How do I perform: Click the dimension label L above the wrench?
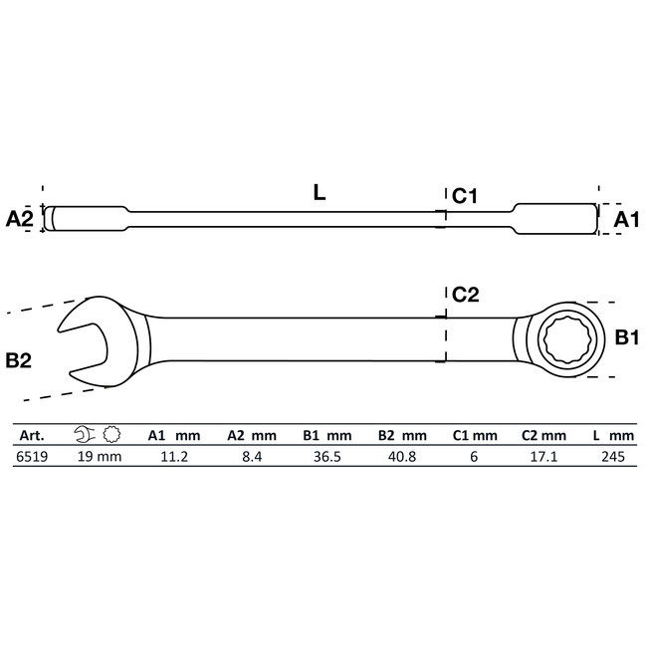click(319, 194)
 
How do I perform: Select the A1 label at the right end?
click(625, 218)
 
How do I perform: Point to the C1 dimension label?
click(466, 197)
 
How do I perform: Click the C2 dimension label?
click(466, 294)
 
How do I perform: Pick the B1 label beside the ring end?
click(625, 338)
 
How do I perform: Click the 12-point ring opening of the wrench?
click(562, 340)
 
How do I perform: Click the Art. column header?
click(30, 435)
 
